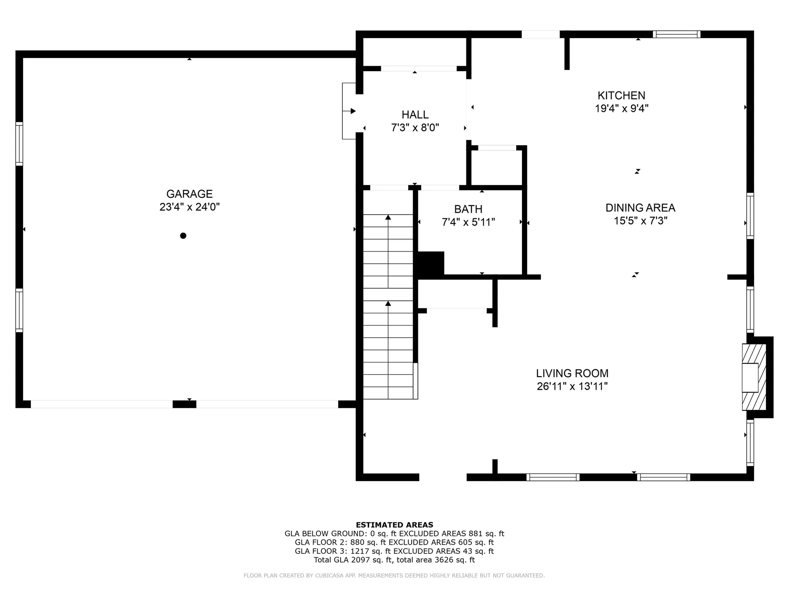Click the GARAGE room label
[x=189, y=194]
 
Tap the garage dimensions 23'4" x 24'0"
[x=189, y=207]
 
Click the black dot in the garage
[x=183, y=236]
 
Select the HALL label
[x=415, y=115]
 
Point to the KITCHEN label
[x=621, y=95]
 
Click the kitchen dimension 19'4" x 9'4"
[x=621, y=109]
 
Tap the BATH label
[x=468, y=209]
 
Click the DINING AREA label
[x=640, y=208]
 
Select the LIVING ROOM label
[x=572, y=373]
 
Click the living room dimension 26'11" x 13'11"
[x=572, y=386]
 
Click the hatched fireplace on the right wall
[x=754, y=377]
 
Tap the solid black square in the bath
[x=431, y=264]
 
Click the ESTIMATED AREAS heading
[x=394, y=525]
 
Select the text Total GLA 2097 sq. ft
[x=353, y=560]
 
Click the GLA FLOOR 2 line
[x=394, y=542]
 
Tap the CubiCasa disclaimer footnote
[x=394, y=576]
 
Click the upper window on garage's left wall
[x=19, y=143]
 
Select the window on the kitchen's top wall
[x=676, y=34]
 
